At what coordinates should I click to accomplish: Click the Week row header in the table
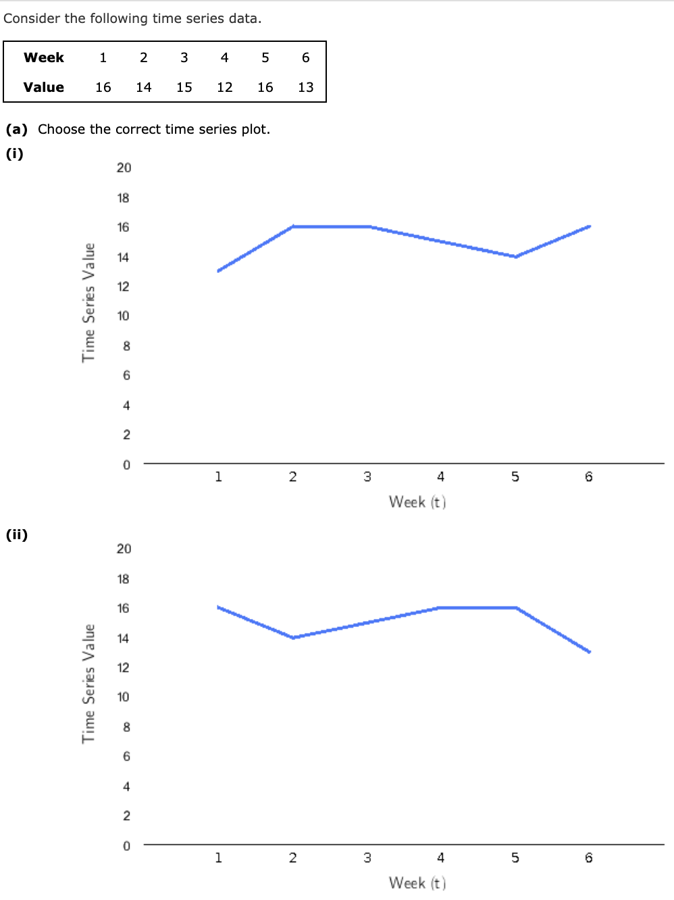click(44, 57)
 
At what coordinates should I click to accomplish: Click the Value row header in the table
click(44, 87)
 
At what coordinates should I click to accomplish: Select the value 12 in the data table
click(225, 87)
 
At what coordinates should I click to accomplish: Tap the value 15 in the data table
click(184, 87)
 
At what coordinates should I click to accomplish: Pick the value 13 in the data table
click(306, 87)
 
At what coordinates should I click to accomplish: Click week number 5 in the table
click(265, 57)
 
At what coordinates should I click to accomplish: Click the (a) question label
click(17, 129)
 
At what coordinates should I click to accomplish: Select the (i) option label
click(15, 154)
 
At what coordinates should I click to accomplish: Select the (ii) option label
click(17, 535)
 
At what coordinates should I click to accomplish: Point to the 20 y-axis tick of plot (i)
click(124, 168)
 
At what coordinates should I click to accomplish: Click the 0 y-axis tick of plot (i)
click(126, 465)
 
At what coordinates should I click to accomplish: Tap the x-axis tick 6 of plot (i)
click(589, 477)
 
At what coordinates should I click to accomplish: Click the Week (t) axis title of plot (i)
click(417, 502)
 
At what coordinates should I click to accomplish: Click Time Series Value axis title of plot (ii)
click(89, 683)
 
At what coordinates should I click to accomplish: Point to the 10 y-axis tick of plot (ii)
click(123, 697)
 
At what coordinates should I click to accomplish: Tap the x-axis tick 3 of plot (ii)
click(367, 858)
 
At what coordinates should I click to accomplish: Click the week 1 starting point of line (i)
click(218, 271)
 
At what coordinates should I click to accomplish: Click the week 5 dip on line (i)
click(515, 257)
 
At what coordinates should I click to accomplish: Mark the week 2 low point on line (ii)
click(292, 637)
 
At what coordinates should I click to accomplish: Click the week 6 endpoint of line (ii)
click(590, 652)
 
